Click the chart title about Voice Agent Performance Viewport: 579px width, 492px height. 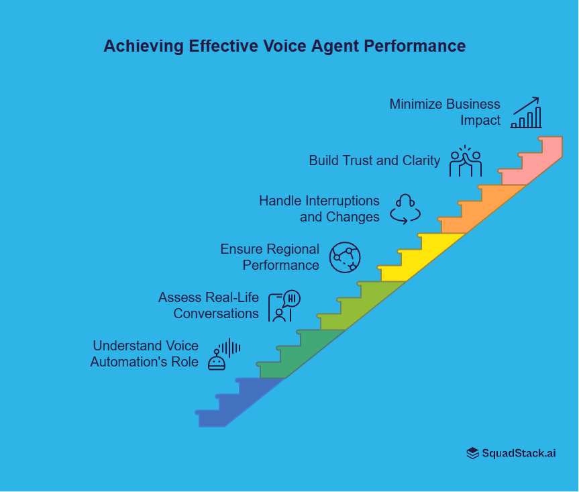tap(284, 46)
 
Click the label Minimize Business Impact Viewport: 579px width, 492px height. tap(445, 112)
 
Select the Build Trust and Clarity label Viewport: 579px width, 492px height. tap(374, 160)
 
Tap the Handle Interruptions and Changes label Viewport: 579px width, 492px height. tap(319, 209)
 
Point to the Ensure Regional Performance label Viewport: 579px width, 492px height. tap(270, 257)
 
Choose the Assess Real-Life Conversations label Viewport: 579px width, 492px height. tap(209, 305)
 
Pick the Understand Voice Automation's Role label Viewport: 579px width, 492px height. tap(145, 354)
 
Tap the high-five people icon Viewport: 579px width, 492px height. tap(466, 161)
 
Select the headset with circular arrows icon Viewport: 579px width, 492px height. tap(405, 209)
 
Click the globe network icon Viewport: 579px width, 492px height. tap(345, 257)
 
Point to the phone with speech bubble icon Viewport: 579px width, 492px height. tap(284, 306)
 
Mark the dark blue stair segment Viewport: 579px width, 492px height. tap(235, 403)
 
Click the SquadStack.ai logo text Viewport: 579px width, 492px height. tap(519, 453)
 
